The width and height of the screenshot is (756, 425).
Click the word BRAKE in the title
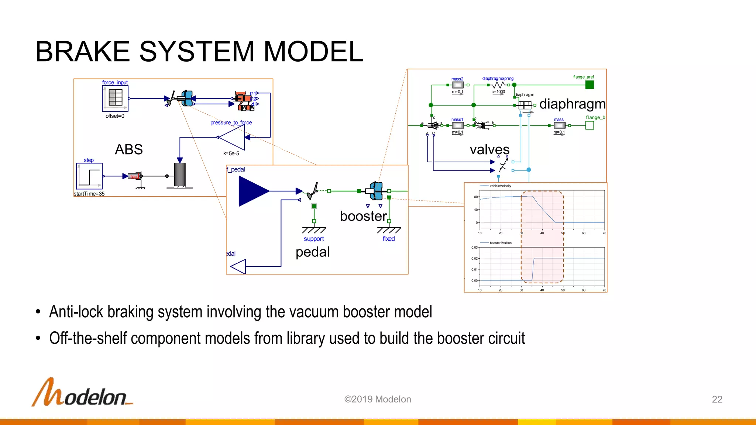coord(83,51)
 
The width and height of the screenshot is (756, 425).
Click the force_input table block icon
coord(115,98)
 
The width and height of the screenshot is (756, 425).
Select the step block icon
coord(89,176)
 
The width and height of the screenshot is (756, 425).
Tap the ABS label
coord(128,149)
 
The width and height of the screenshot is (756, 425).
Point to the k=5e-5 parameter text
coord(231,153)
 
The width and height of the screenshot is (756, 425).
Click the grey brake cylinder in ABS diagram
coord(180,175)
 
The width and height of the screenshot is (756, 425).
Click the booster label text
coord(363,216)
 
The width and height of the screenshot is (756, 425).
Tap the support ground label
coord(314,239)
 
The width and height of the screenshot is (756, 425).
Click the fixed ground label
coord(389,239)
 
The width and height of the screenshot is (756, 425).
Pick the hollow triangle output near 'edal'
coord(238,266)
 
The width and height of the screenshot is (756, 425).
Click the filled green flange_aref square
coord(590,85)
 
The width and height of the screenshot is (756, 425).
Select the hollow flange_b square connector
coord(590,125)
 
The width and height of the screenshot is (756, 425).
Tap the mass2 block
coord(458,85)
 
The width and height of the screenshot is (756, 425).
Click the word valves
coord(489,150)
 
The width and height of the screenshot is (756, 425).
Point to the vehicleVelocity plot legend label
coord(500,186)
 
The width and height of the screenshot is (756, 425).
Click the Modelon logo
coord(82,393)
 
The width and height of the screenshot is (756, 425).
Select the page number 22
coord(717,399)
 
